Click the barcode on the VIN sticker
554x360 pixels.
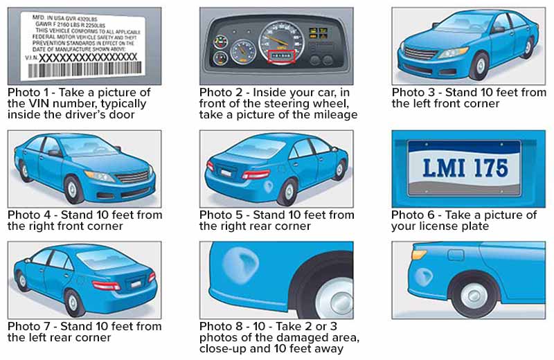point(84,70)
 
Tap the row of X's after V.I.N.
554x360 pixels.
point(88,57)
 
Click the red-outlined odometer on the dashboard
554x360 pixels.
point(281,57)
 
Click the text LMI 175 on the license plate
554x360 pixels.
point(465,168)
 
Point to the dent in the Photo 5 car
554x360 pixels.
point(269,186)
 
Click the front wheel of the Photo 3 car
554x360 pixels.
point(480,66)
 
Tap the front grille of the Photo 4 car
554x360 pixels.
point(133,177)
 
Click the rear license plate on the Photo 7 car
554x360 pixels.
point(135,284)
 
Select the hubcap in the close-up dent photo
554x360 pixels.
point(334,299)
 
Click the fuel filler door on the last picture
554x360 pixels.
point(456,255)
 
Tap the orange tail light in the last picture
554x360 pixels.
point(419,254)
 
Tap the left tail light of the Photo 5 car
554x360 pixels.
point(211,165)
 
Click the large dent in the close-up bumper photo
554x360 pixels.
point(241,264)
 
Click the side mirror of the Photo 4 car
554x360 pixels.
point(55,153)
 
